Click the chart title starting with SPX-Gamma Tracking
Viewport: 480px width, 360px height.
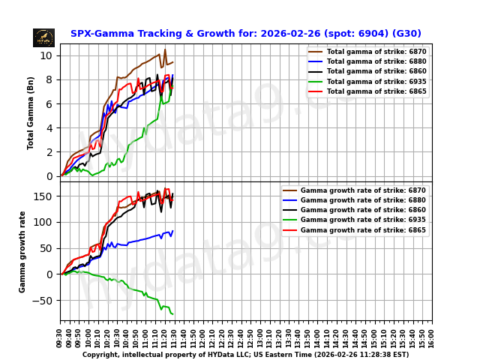(x=245, y=34)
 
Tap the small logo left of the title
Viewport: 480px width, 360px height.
(x=43, y=37)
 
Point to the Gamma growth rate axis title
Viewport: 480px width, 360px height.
(x=22, y=252)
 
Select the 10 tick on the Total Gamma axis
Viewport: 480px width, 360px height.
(x=46, y=55)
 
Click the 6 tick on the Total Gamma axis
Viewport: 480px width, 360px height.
(x=49, y=103)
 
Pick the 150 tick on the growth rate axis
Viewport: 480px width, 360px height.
(x=44, y=196)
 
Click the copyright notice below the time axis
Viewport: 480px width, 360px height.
(x=245, y=355)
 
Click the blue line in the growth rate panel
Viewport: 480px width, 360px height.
(x=142, y=241)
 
